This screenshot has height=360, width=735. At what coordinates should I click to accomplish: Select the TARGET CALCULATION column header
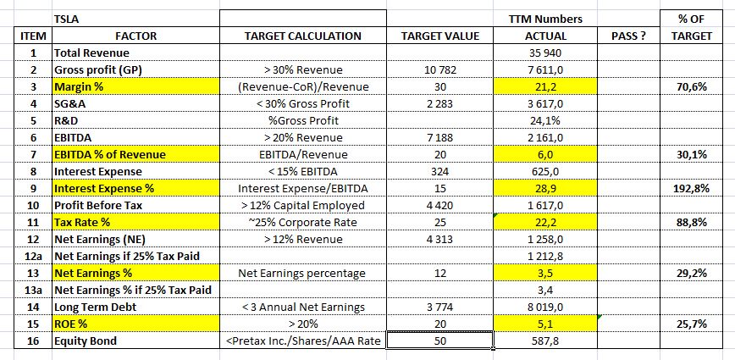302,36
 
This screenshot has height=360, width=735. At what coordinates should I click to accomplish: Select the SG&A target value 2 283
439,103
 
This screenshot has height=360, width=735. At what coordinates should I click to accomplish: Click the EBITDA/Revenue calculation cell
302,154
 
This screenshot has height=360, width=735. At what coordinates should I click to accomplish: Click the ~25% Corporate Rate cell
302,222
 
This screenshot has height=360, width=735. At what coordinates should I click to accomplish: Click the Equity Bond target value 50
439,341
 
